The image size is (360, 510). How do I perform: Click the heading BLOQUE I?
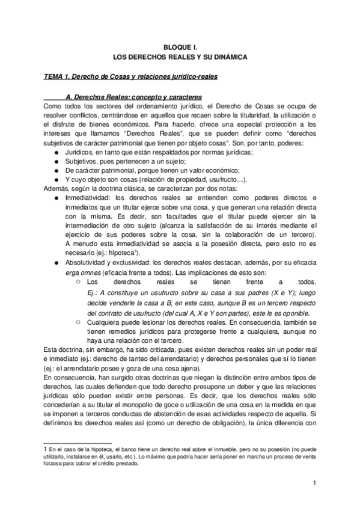180,46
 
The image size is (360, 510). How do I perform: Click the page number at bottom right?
314,484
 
